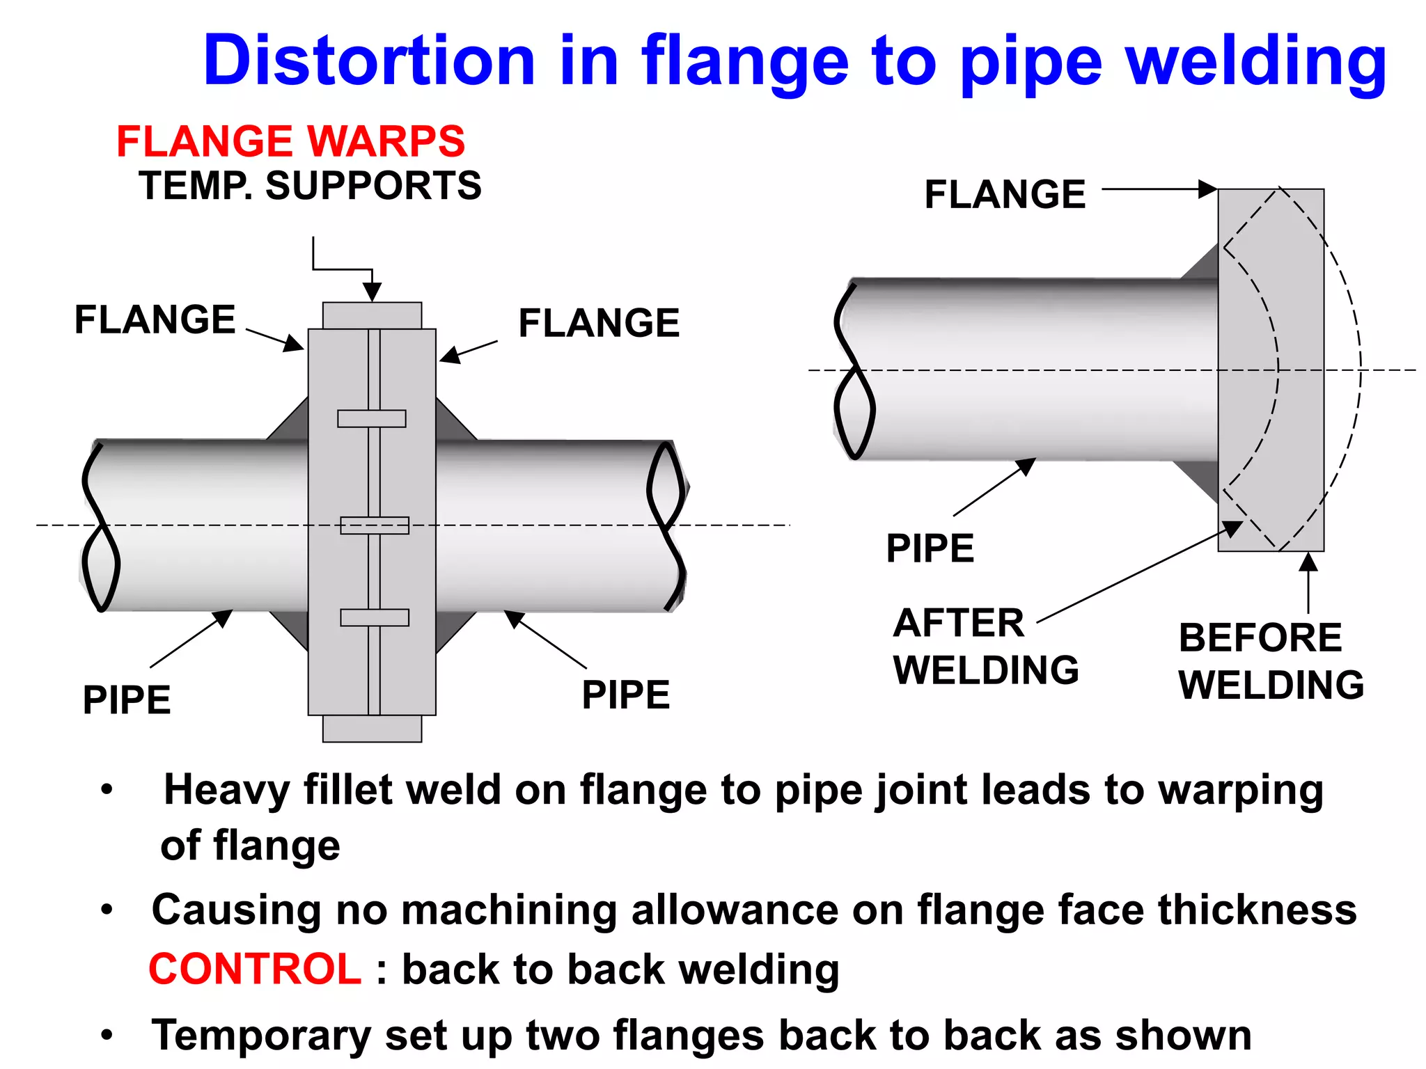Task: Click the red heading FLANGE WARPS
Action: click(290, 141)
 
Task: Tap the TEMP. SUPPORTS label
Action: click(310, 186)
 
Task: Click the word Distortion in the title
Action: click(369, 61)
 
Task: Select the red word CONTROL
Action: click(255, 969)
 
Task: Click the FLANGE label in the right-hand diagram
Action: click(1005, 194)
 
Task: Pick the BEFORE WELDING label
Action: click(1270, 661)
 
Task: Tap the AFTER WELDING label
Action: click(985, 646)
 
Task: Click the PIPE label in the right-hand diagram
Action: click(930, 548)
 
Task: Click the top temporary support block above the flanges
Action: click(372, 316)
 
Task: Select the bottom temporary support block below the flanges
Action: click(372, 729)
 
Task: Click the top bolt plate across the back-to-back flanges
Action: click(372, 418)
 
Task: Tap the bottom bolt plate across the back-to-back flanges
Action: click(375, 617)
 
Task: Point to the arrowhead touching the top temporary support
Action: click(373, 292)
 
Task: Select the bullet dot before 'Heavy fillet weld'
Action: click(107, 790)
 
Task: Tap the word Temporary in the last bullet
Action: click(261, 1035)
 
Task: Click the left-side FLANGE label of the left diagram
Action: click(155, 320)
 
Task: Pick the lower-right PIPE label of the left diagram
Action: click(625, 695)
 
